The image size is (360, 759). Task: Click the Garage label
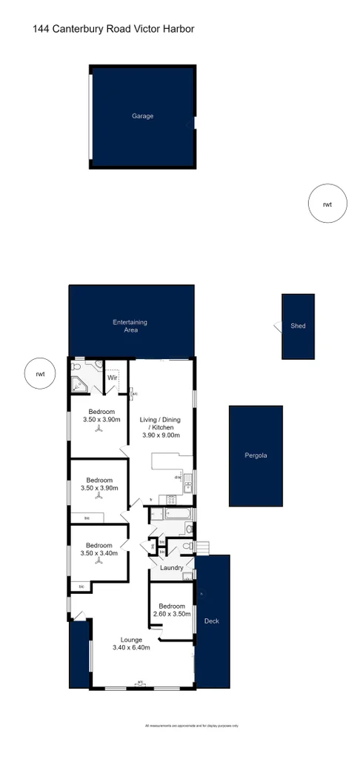click(143, 116)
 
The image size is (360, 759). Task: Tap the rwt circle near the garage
click(327, 204)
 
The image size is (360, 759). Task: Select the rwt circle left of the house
click(40, 375)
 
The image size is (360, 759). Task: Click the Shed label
click(298, 326)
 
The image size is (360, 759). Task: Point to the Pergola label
click(256, 455)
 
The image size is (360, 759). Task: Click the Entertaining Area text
click(130, 326)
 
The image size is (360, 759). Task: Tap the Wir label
click(113, 378)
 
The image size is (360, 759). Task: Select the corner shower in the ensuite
click(79, 384)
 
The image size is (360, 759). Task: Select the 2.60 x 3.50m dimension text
click(172, 613)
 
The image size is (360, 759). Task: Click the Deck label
click(211, 621)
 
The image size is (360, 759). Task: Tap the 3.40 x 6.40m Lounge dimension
click(131, 648)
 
